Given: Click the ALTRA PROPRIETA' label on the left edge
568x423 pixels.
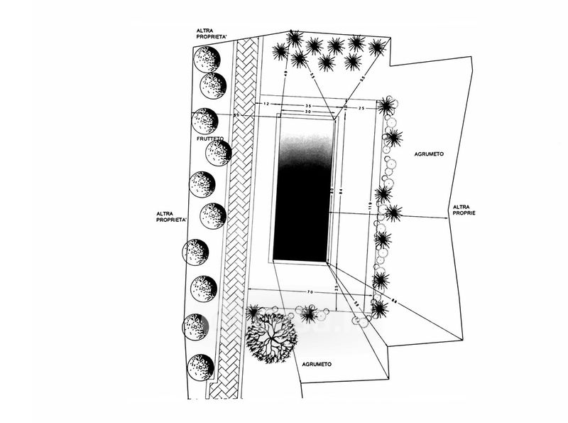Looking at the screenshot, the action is point(171,216).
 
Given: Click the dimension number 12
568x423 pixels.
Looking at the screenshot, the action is point(266,105).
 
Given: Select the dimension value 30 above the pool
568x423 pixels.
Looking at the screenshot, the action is point(308,112).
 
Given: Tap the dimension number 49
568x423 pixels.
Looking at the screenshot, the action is point(285,73).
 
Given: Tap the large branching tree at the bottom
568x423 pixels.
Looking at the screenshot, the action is point(271,336).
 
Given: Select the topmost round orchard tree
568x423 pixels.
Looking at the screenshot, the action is point(207,59).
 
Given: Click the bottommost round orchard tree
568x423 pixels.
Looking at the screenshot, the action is point(201,368).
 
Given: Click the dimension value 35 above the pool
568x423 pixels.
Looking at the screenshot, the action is point(308,105).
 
